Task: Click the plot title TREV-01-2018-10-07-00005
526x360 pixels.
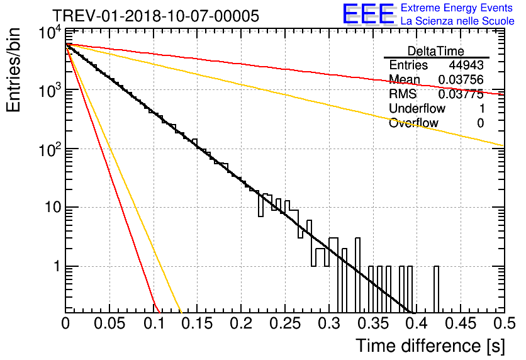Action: coord(155,16)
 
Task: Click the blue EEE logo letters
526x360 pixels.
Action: coord(369,14)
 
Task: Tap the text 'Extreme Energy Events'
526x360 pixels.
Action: coord(457,8)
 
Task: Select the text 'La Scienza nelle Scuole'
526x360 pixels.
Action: coord(457,21)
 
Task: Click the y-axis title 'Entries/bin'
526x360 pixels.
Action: coord(13,70)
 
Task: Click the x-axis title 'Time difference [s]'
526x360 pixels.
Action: coord(430,346)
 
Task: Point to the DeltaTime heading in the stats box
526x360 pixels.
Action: coord(436,51)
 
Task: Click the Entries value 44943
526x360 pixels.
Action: coord(466,65)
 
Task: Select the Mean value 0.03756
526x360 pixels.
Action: coord(461,80)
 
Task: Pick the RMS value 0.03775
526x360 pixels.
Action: coord(461,94)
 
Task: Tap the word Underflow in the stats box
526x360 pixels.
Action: coord(417,109)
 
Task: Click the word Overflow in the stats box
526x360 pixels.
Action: coord(413,123)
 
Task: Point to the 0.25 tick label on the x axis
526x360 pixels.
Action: coord(285,323)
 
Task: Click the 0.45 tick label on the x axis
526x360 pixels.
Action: coord(461,323)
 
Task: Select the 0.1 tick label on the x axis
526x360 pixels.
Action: coord(154,323)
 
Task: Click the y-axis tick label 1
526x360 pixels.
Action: coord(57,266)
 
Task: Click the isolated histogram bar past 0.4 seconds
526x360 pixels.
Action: coord(436,290)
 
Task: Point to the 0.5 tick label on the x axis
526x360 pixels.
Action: coord(505,323)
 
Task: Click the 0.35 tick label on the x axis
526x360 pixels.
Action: coord(372,323)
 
